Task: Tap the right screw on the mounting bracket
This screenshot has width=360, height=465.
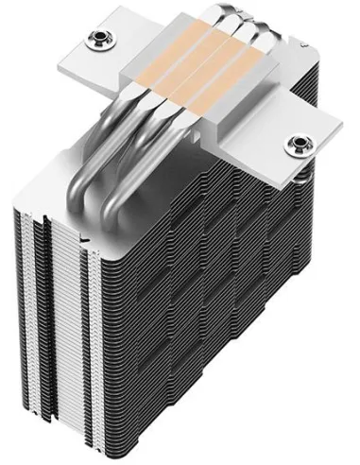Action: coord(300,145)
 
